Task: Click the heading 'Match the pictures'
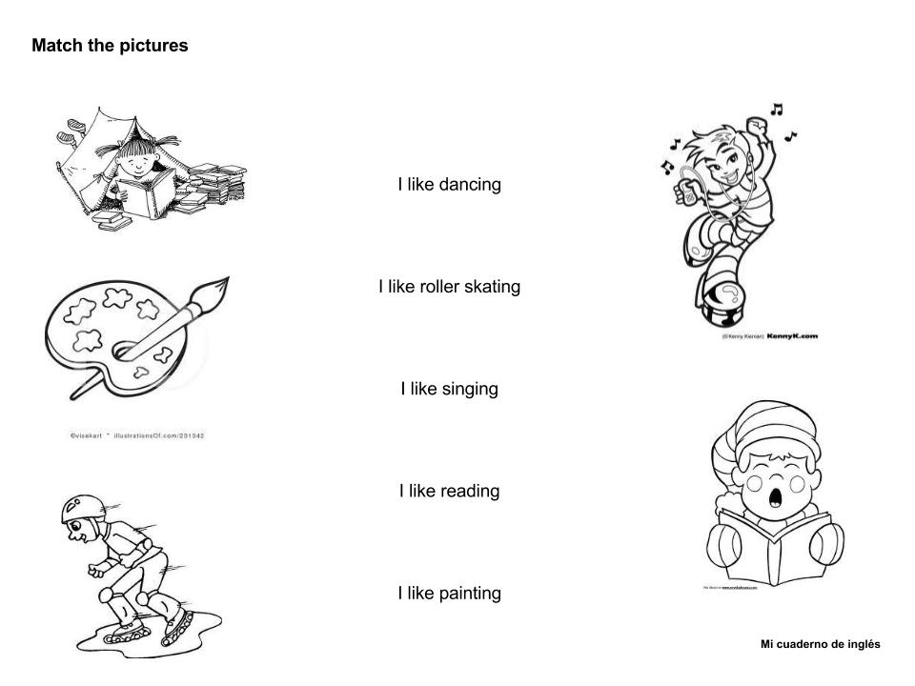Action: (110, 46)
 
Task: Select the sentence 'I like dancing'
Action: (449, 185)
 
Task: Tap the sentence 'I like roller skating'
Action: (449, 287)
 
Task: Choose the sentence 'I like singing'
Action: (449, 389)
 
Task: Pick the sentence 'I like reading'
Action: (449, 492)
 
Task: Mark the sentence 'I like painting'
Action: (449, 594)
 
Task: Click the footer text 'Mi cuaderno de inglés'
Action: (820, 645)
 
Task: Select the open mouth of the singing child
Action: (774, 493)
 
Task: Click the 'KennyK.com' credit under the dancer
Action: (791, 335)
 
